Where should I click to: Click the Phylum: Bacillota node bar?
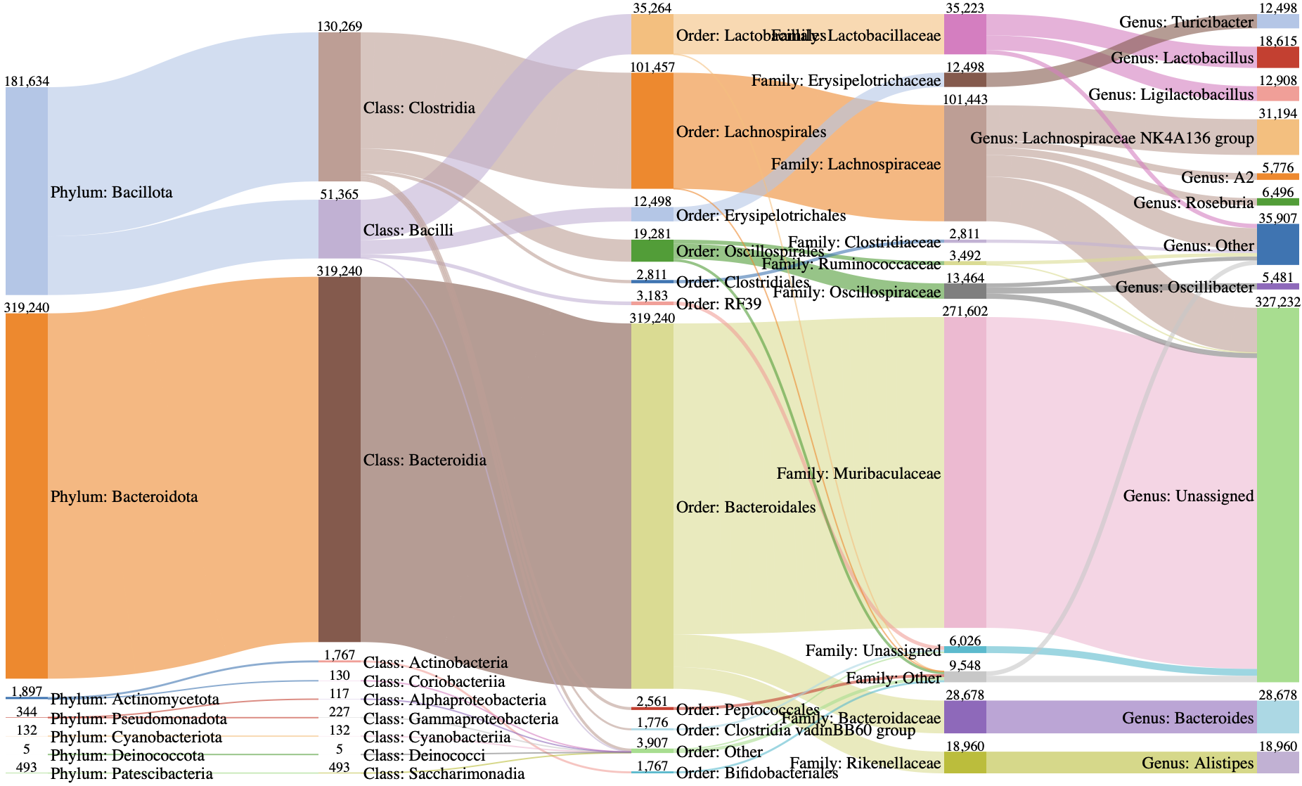tap(27, 191)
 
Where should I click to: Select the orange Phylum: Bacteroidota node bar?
tap(27, 495)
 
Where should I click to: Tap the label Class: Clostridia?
tap(419, 108)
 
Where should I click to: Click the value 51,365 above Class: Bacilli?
tap(340, 195)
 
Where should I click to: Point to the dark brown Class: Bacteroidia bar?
tap(340, 459)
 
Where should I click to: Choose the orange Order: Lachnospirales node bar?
tap(652, 131)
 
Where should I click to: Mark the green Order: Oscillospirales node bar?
tap(652, 251)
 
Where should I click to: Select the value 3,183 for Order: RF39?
tap(652, 296)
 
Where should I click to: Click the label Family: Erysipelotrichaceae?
tap(846, 81)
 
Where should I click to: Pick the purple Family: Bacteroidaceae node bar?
tap(965, 717)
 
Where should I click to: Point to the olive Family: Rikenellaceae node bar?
tap(965, 763)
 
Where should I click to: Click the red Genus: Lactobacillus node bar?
tap(1277, 57)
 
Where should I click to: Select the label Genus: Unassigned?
tap(1188, 496)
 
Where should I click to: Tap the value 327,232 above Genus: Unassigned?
tap(1277, 302)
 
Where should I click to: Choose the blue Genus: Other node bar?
tap(1277, 245)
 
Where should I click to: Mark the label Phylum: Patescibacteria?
tap(131, 773)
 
